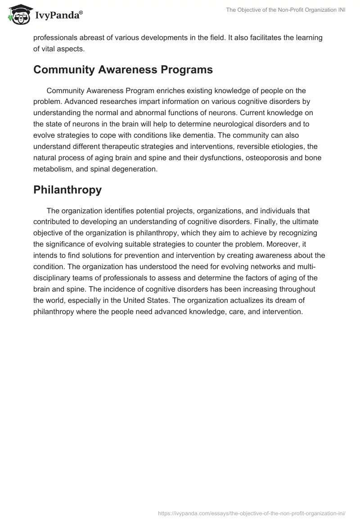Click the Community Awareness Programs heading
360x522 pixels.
123,70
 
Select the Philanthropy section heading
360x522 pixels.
67,190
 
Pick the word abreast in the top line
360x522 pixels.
92,38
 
